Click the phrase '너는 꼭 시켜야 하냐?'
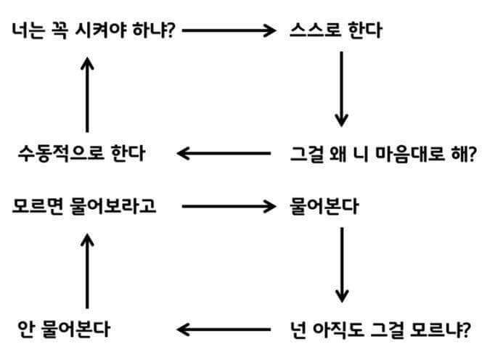[93, 30]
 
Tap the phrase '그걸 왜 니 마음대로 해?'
[382, 154]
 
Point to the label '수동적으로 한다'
[81, 154]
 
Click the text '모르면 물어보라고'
[84, 206]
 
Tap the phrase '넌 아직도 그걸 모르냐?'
[380, 330]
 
